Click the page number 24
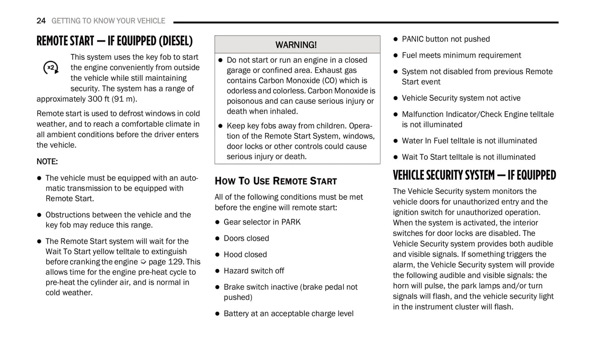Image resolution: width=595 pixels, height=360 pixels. (41, 21)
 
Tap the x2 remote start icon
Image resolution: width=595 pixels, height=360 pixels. (51, 68)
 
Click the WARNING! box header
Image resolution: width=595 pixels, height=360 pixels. (296, 44)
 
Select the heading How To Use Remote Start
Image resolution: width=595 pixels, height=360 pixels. (275, 181)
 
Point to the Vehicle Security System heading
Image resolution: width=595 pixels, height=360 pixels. (474, 175)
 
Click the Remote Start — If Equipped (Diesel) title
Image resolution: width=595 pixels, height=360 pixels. (114, 41)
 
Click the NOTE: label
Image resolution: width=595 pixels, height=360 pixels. (47, 161)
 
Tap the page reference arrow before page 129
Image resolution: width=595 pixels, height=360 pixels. (143, 262)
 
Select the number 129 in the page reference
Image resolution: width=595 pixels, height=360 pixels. (175, 262)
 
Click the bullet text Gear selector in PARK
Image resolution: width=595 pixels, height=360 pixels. (262, 222)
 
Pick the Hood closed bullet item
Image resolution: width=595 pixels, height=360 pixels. (245, 255)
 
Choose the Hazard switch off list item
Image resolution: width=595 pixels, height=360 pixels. (254, 271)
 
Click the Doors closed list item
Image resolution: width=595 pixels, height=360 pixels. (246, 238)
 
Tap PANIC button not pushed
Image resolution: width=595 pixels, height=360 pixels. (446, 39)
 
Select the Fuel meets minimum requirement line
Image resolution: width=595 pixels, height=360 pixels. (461, 55)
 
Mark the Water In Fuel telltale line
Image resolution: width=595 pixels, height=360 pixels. (469, 141)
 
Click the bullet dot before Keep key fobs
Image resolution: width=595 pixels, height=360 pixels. (220, 126)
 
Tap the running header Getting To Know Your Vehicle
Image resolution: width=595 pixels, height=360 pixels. (108, 21)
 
